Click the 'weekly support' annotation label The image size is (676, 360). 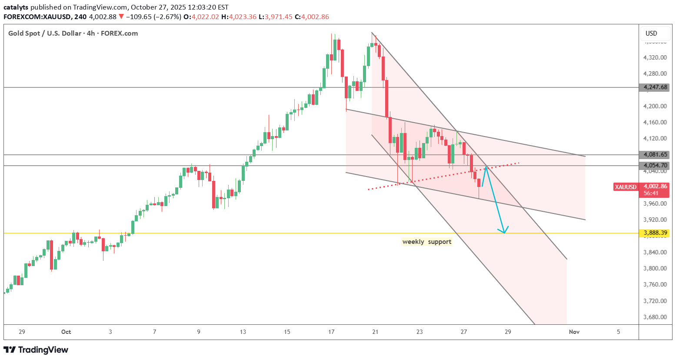click(427, 242)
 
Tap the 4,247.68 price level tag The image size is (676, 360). click(655, 87)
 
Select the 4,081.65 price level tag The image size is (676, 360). click(655, 155)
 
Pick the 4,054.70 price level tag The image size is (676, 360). click(655, 166)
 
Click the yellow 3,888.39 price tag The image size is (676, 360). click(655, 233)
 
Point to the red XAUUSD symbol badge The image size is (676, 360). click(626, 187)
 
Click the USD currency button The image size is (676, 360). click(651, 33)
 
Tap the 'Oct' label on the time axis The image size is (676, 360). click(66, 332)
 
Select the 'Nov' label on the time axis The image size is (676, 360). click(574, 332)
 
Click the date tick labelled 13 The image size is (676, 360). click(243, 332)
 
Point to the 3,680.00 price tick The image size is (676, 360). click(655, 317)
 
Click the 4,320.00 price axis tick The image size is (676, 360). click(655, 57)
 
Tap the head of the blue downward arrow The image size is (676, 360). click(504, 232)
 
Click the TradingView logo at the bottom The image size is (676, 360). click(36, 350)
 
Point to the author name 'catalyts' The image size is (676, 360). click(16, 7)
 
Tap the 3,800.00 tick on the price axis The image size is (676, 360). click(655, 268)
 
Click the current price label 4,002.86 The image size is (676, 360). click(655, 186)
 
